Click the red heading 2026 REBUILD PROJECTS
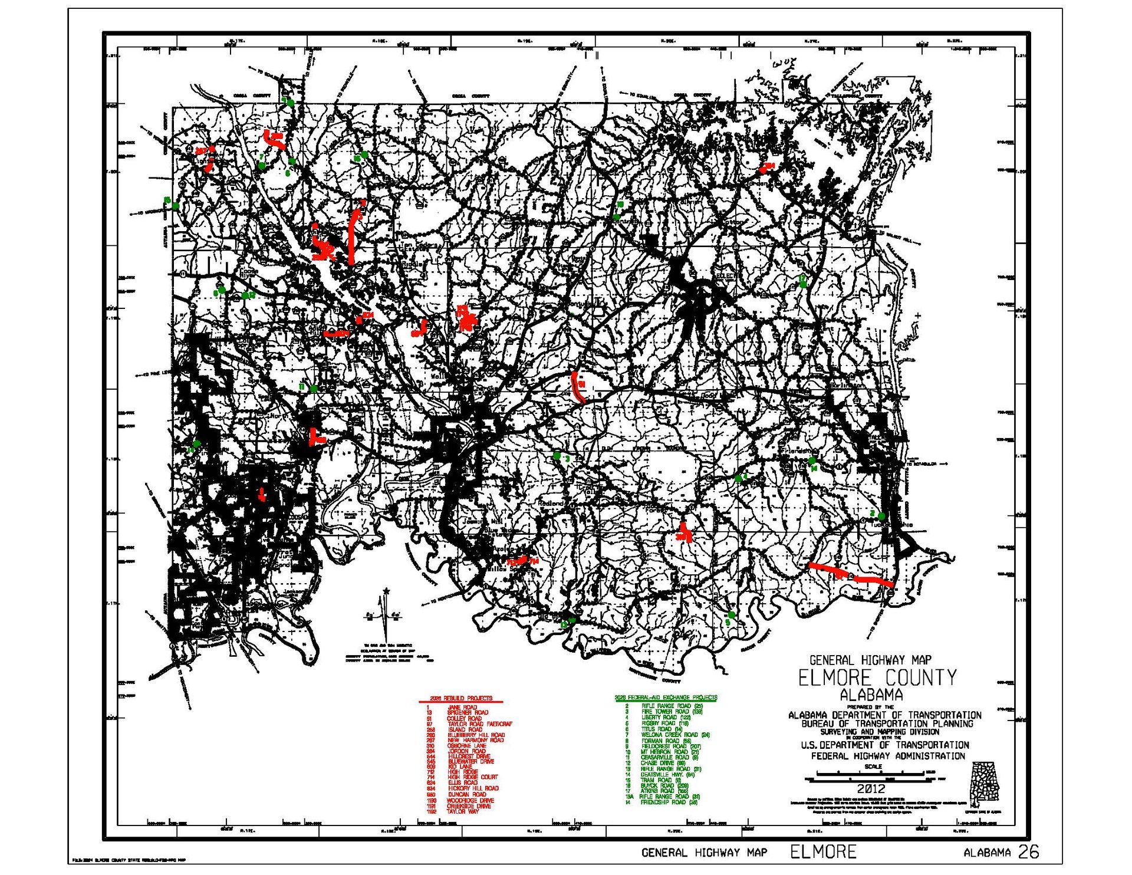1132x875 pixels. tap(461, 698)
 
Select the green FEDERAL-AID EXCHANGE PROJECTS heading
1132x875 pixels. tap(666, 698)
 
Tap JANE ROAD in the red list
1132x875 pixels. tap(462, 708)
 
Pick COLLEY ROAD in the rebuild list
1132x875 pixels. tap(465, 719)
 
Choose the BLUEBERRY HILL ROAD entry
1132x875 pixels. tap(476, 735)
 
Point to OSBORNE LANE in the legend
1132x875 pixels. tap(467, 746)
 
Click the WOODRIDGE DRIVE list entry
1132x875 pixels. tap(470, 801)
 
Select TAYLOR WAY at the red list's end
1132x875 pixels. tap(462, 812)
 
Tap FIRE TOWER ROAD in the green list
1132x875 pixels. tap(665, 712)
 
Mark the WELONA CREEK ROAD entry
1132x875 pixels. tap(667, 735)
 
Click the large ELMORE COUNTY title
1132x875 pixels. tap(877, 678)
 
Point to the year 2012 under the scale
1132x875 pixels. tap(871, 789)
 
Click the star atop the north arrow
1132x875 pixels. tap(386, 591)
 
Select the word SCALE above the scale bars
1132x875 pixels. tap(873, 767)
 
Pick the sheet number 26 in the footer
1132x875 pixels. tap(1028, 852)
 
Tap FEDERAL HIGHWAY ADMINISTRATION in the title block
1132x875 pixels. tap(888, 756)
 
